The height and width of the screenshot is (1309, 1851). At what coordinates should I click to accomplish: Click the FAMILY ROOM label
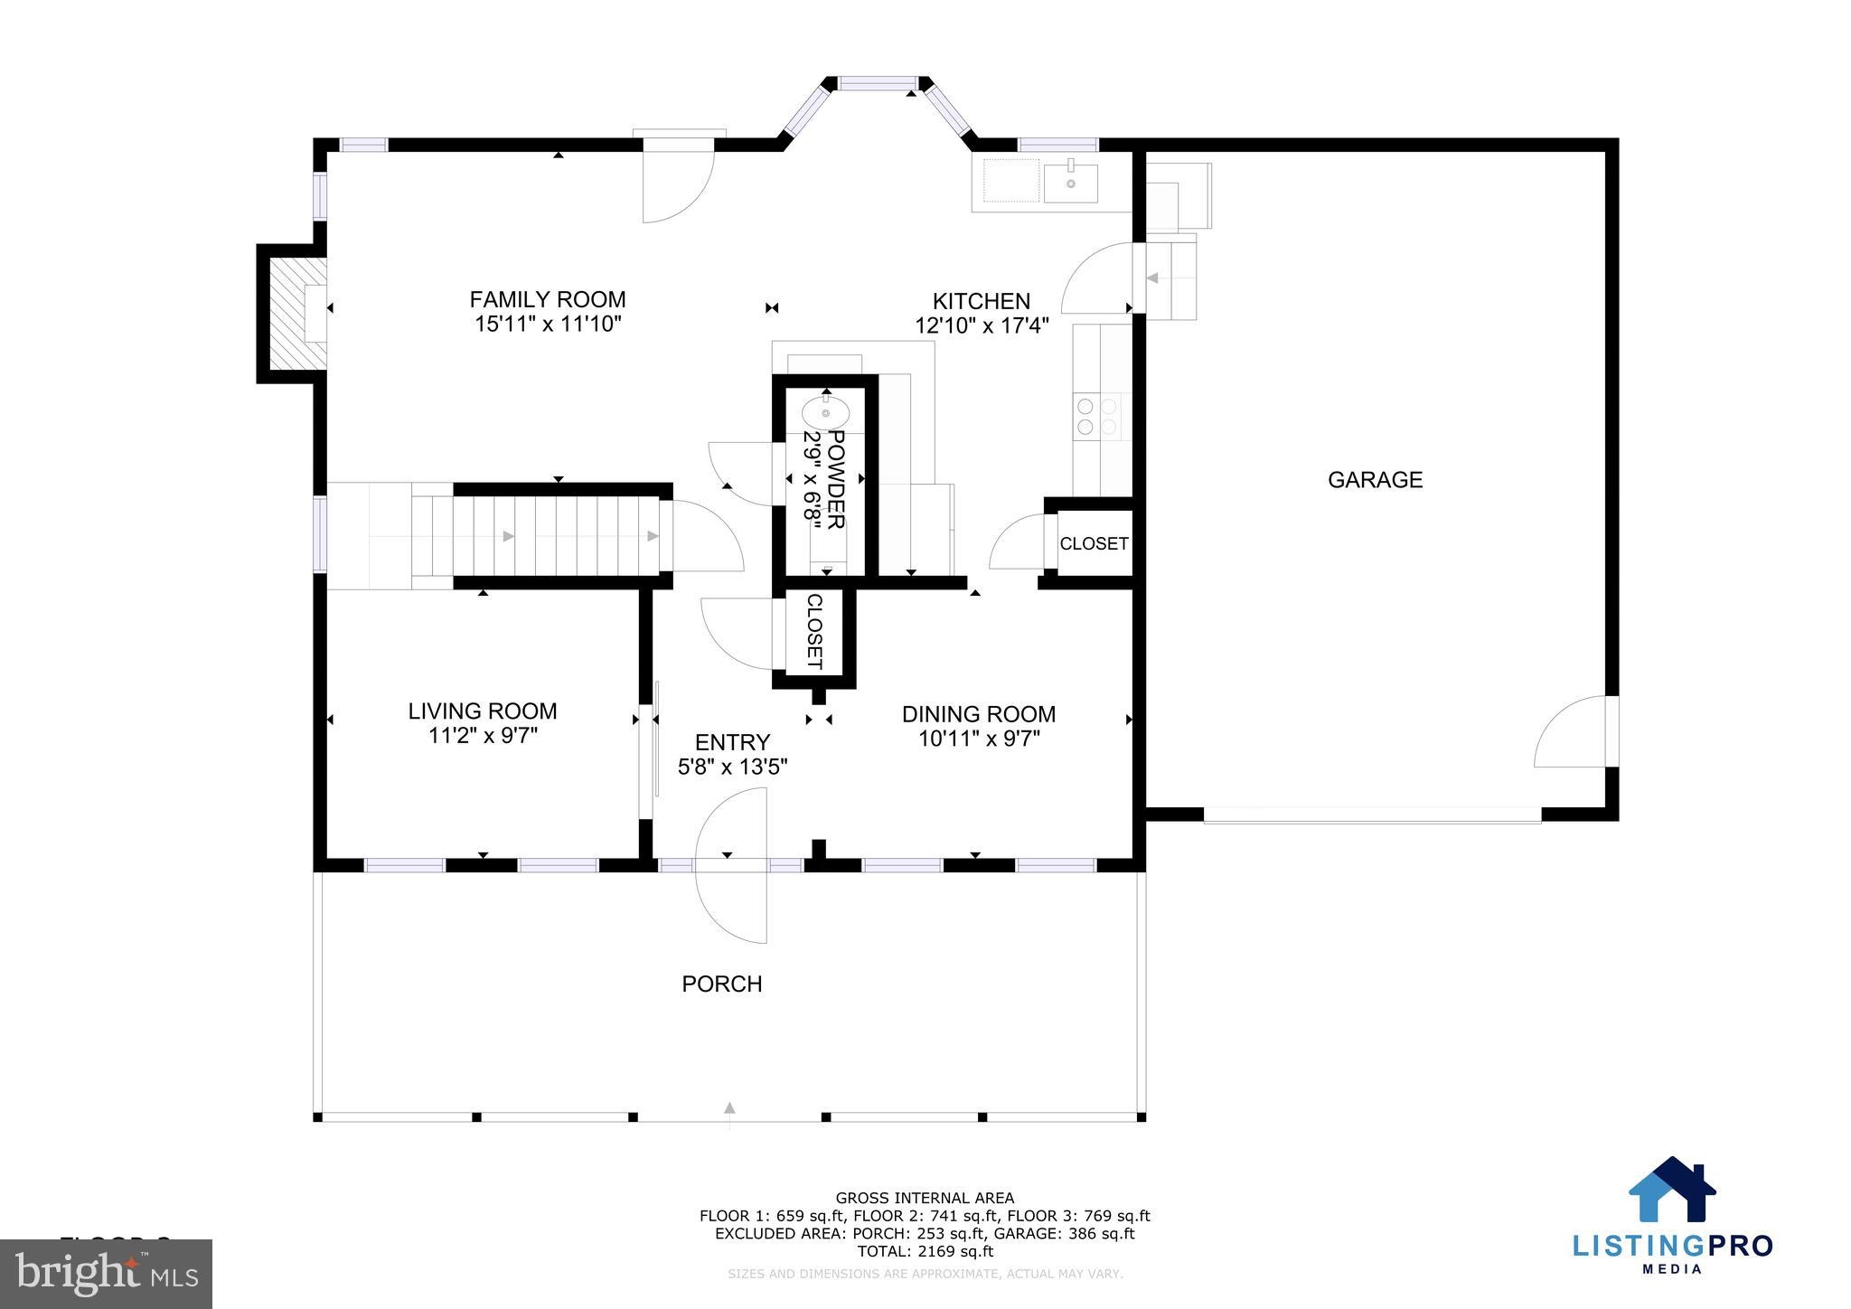point(547,299)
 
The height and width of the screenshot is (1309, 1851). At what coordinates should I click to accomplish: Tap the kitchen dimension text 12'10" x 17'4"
point(981,325)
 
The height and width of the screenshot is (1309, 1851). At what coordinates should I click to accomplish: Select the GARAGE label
point(1374,480)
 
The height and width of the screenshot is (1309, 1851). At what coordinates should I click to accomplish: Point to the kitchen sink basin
point(1070,183)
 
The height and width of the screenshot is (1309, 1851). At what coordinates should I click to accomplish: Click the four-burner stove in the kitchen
point(1096,417)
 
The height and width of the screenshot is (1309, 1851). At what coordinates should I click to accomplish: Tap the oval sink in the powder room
point(825,413)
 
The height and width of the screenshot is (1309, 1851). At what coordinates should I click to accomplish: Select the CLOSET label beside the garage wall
point(1094,543)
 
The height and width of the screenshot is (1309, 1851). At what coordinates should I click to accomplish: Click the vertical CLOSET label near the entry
point(813,631)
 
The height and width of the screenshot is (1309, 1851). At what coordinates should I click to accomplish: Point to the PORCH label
point(721,984)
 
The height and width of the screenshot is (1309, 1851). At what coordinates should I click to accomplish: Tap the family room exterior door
point(678,185)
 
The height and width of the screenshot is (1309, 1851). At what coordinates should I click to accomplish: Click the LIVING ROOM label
point(482,711)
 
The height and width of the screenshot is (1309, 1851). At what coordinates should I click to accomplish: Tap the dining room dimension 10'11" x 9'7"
point(979,739)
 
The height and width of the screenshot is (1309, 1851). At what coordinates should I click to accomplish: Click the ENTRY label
point(732,742)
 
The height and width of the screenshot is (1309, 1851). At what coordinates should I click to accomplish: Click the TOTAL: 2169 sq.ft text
point(925,1251)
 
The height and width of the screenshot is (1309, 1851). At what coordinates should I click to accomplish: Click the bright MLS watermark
point(106,1274)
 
